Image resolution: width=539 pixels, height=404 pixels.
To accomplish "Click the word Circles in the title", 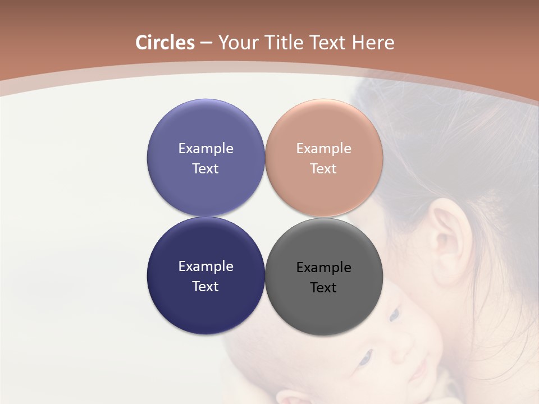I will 165,43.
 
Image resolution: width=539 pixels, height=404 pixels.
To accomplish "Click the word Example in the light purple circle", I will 205,148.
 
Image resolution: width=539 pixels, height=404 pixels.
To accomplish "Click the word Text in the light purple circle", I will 205,168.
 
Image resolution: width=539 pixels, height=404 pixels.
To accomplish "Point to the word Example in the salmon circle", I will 323,148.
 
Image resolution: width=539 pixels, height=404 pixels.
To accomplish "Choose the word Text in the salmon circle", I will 323,168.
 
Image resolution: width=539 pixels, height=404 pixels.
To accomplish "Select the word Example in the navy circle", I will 205,266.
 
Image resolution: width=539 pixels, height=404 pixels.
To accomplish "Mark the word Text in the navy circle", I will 205,286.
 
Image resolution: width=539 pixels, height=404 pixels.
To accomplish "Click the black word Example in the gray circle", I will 323,267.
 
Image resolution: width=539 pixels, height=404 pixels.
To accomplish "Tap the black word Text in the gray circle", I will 323,287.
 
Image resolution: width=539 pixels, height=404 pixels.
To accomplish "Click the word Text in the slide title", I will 327,43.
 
